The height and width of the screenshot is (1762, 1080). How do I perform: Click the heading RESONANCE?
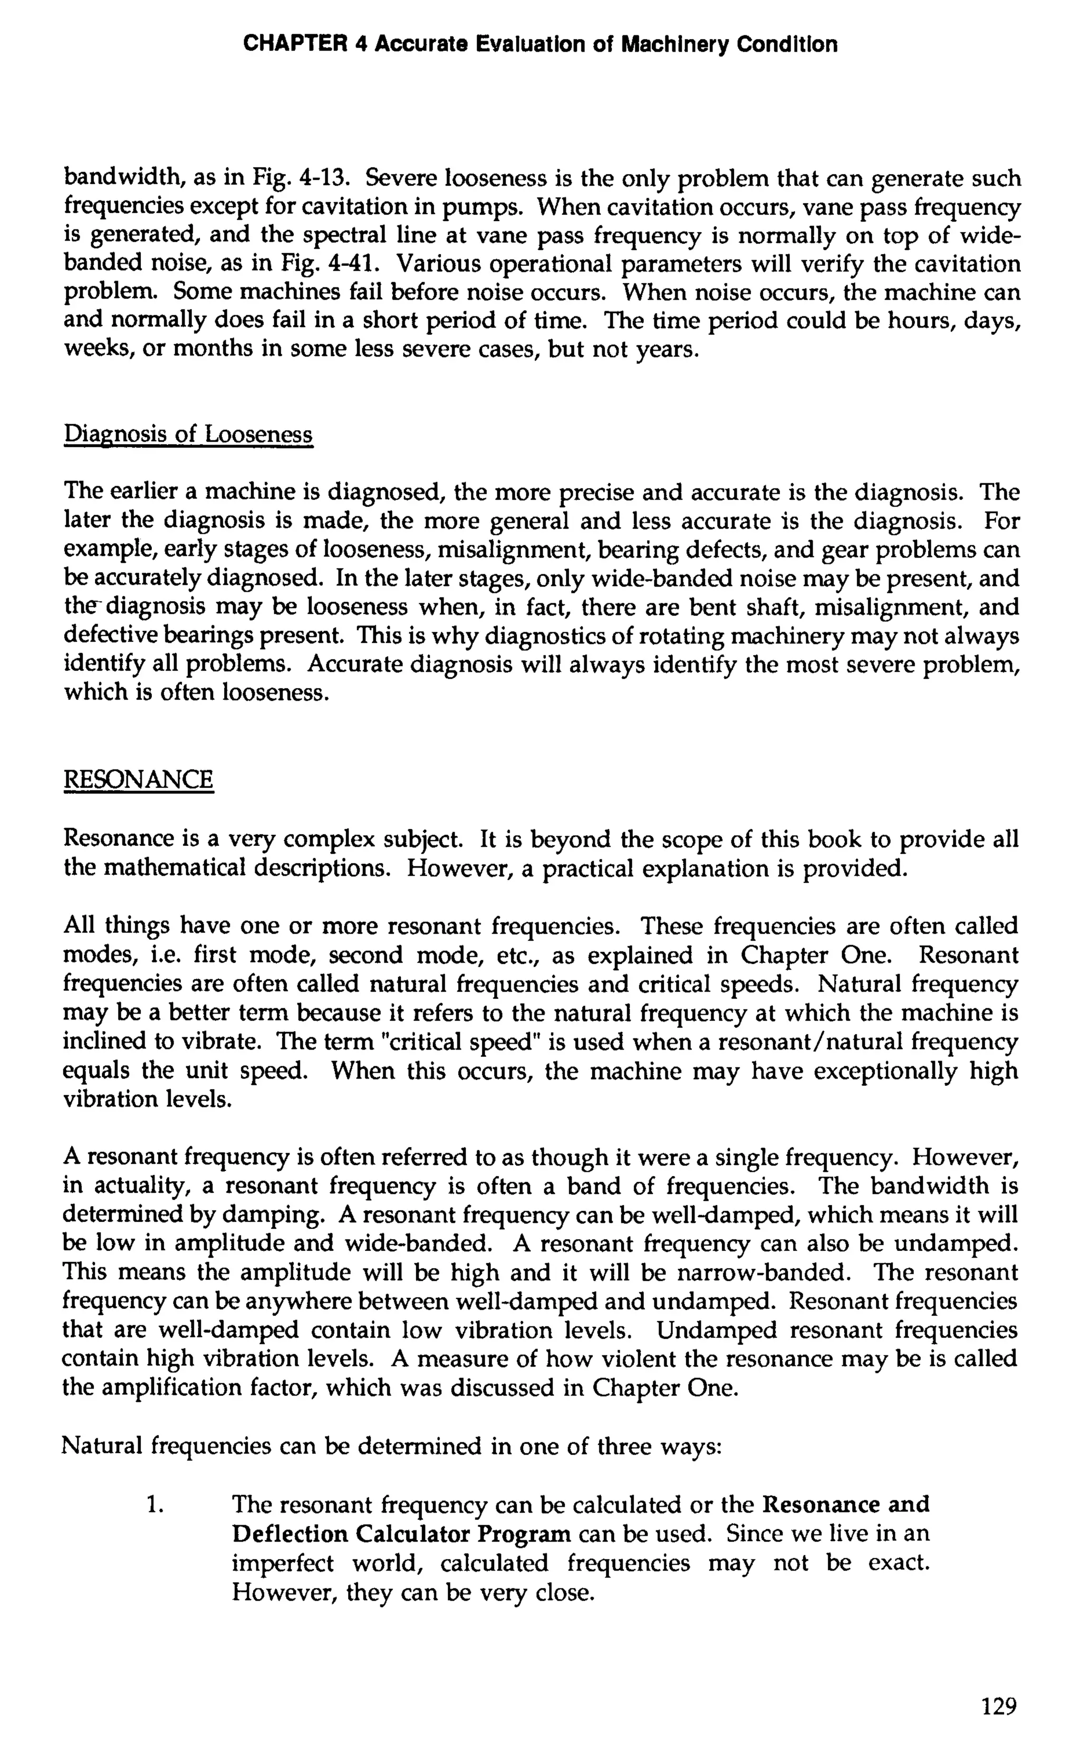pos(139,779)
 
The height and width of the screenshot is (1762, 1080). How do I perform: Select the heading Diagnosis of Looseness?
pos(189,434)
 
